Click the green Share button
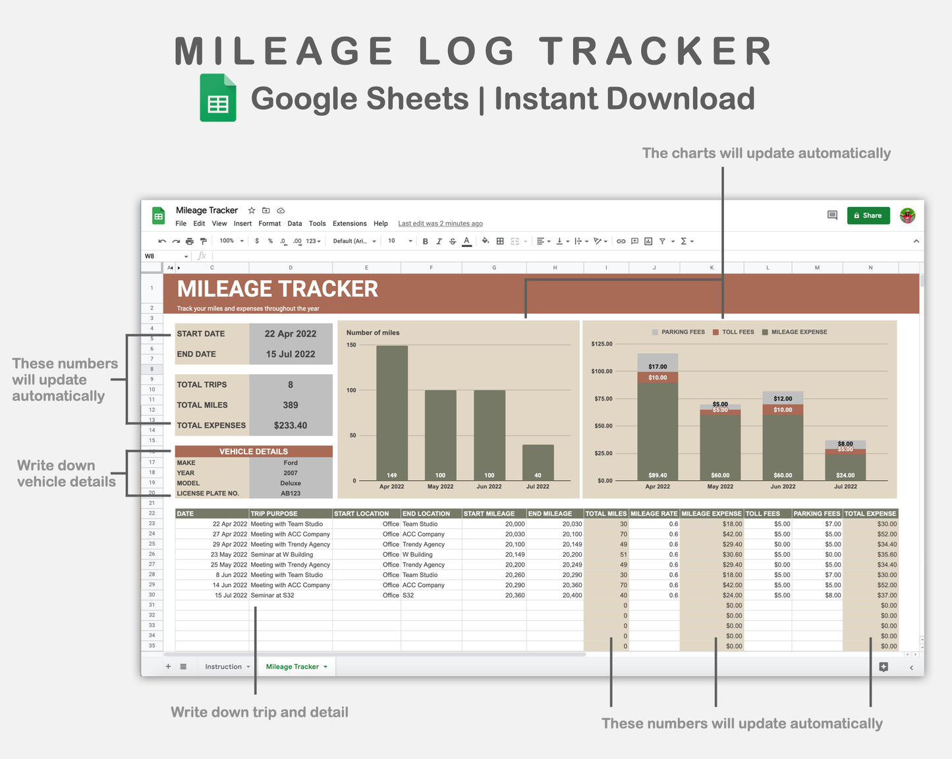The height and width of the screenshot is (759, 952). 868,215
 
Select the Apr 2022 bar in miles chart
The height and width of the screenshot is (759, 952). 392,412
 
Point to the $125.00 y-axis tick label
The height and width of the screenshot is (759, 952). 602,344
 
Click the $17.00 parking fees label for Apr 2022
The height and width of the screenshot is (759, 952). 658,366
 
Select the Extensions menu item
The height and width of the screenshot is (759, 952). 349,223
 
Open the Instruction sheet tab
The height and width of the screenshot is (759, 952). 223,667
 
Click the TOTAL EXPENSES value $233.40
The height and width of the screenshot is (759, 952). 291,426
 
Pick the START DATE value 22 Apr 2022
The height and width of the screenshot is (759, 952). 291,334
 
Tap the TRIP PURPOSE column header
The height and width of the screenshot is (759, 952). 274,514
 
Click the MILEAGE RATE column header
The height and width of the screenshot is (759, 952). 654,514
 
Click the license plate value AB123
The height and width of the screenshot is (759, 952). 291,493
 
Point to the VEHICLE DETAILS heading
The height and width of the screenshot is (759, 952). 254,451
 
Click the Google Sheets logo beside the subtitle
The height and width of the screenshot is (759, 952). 218,98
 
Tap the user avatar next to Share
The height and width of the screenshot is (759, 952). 908,215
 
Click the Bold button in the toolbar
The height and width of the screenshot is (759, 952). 425,241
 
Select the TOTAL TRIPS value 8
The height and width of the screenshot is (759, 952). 291,385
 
